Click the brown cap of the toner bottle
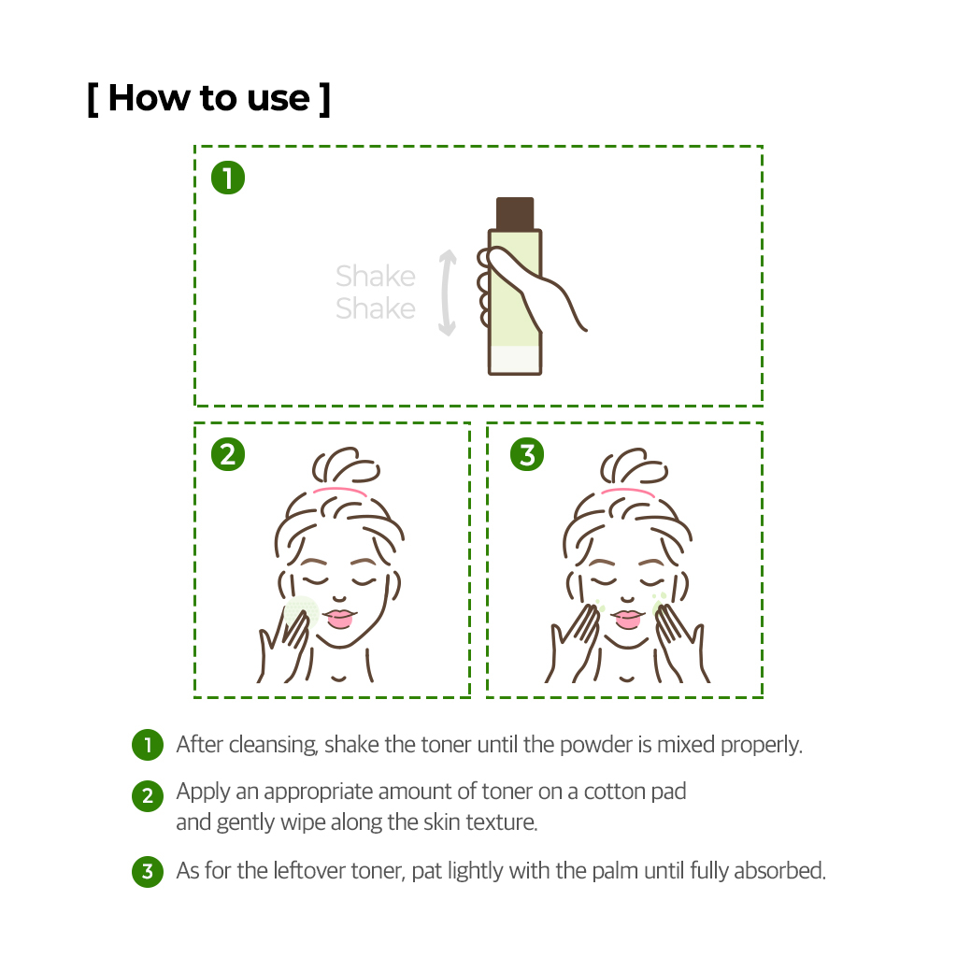pyautogui.click(x=515, y=213)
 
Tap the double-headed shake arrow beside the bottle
pyautogui.click(x=448, y=293)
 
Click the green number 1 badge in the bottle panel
pyautogui.click(x=228, y=178)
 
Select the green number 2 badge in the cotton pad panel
pyautogui.click(x=228, y=455)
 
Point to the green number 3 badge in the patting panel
pyautogui.click(x=527, y=455)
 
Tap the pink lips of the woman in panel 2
pyautogui.click(x=339, y=619)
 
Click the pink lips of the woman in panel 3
pyautogui.click(x=628, y=619)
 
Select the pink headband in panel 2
pyautogui.click(x=340, y=492)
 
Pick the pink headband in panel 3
pyautogui.click(x=628, y=492)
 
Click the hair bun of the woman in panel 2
pyautogui.click(x=346, y=466)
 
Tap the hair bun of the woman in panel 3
pyautogui.click(x=634, y=466)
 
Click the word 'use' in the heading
pyautogui.click(x=279, y=99)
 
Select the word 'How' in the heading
pyautogui.click(x=149, y=97)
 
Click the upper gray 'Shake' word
pyautogui.click(x=376, y=276)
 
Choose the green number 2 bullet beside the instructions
pyautogui.click(x=148, y=796)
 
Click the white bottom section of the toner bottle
pyautogui.click(x=515, y=360)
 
